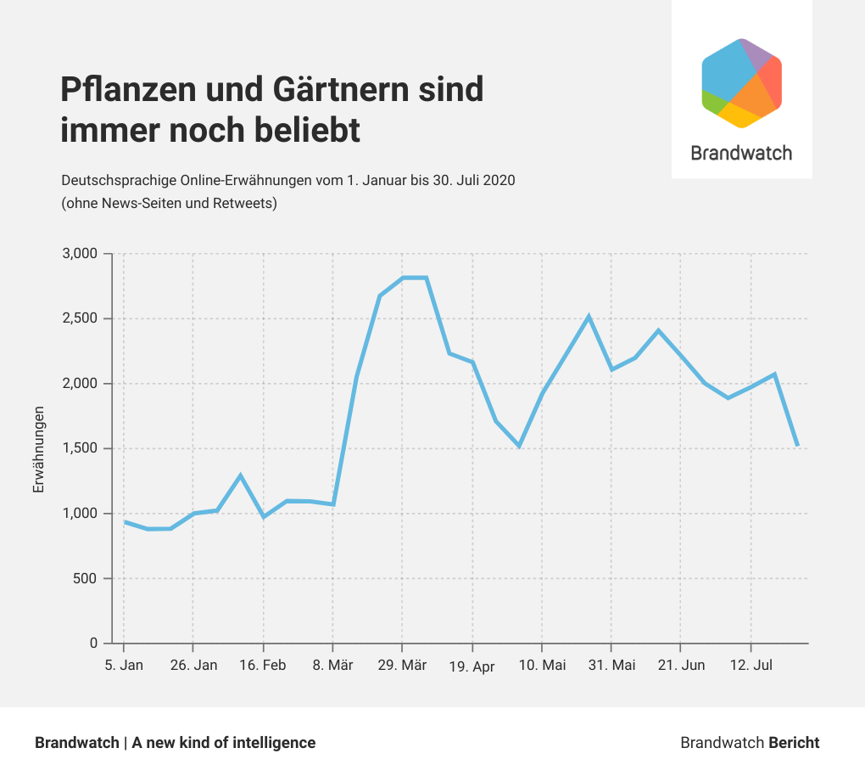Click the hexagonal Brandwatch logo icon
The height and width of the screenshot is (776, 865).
pyautogui.click(x=741, y=83)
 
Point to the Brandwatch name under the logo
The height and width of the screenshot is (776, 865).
pyautogui.click(x=741, y=153)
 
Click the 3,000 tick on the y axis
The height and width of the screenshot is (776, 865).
pyautogui.click(x=81, y=254)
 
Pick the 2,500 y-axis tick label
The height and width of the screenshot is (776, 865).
pyautogui.click(x=81, y=319)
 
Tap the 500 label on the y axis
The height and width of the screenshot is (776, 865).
pyautogui.click(x=87, y=579)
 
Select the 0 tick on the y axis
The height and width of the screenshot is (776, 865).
pyautogui.click(x=94, y=644)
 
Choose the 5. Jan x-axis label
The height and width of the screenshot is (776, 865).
pyautogui.click(x=124, y=665)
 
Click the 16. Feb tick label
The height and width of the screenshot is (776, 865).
pyautogui.click(x=263, y=665)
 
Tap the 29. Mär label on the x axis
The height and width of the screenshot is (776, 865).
pyautogui.click(x=402, y=665)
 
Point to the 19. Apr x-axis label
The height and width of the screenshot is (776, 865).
pyautogui.click(x=472, y=666)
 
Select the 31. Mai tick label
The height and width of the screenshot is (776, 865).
pyautogui.click(x=611, y=665)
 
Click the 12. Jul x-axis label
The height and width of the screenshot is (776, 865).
pyautogui.click(x=751, y=665)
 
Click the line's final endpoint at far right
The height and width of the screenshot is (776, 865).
pyautogui.click(x=797, y=445)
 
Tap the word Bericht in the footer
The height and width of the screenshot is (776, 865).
pyautogui.click(x=794, y=743)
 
